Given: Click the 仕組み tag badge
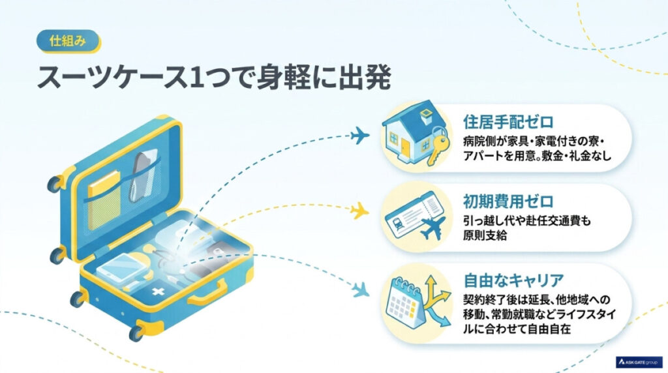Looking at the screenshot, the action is (68, 41).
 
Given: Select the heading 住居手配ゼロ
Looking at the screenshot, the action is (508, 122).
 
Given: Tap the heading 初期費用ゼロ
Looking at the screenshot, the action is (508, 201).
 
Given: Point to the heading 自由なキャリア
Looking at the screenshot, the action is (513, 280).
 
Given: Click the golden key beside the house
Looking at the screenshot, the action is (438, 147).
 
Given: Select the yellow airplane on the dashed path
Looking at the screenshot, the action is (359, 211).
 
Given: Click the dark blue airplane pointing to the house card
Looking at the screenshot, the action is (359, 136).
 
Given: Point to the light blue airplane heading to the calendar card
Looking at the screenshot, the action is (360, 290).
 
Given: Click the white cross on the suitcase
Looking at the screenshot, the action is (159, 291).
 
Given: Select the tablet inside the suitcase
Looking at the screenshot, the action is (119, 267).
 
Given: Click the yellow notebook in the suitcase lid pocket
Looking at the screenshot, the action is (104, 200).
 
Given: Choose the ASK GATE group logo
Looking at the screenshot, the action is (639, 361).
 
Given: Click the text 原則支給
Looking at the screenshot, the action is (485, 235).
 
